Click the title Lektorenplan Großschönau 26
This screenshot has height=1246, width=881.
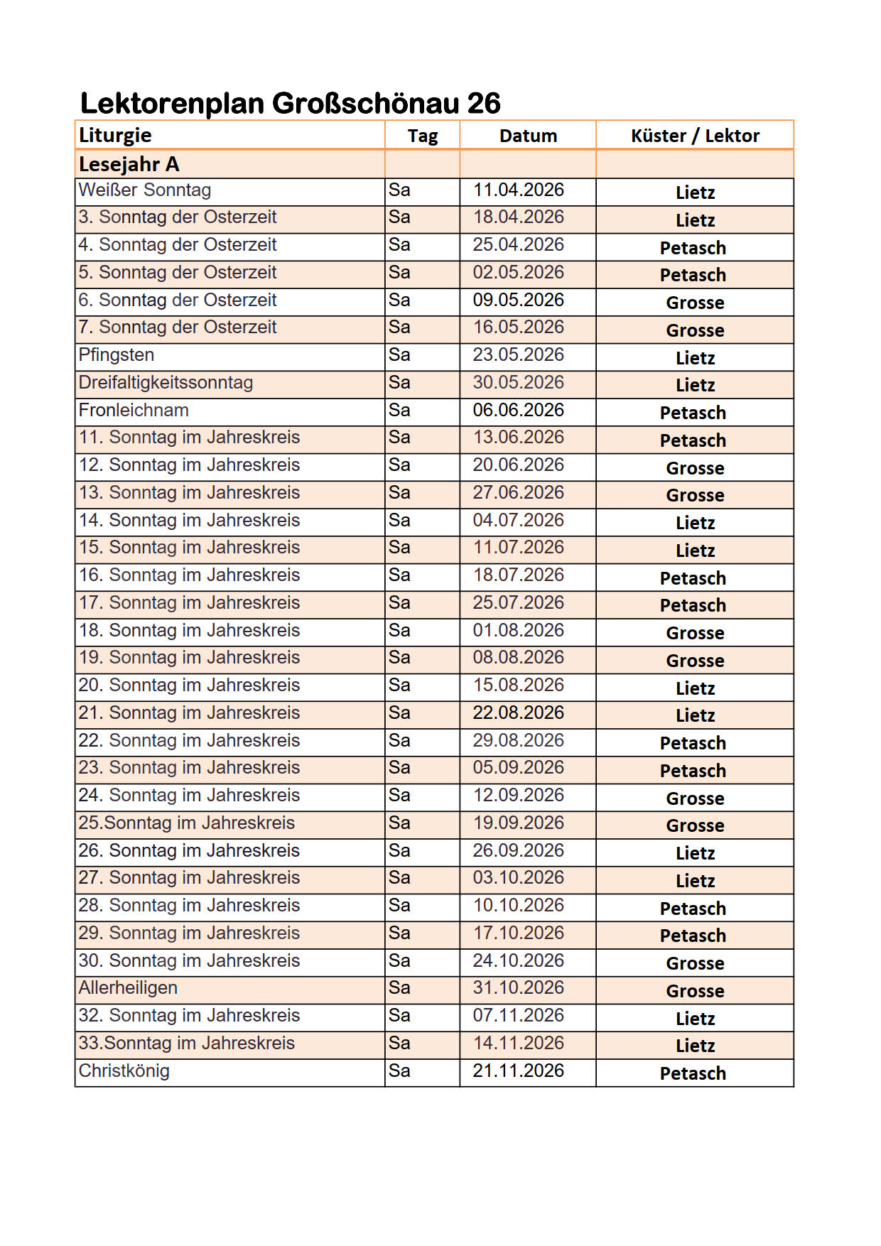290,103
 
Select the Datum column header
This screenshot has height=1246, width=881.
528,136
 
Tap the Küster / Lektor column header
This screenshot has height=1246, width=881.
695,136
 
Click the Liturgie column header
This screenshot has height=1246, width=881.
115,135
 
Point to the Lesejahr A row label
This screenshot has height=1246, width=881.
129,164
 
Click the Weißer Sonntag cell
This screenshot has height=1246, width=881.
145,190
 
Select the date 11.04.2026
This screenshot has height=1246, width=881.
518,190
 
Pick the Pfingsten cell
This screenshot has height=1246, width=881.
117,355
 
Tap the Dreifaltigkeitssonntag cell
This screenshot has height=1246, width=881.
166,383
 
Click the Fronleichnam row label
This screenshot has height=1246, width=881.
134,411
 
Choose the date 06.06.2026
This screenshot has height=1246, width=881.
518,411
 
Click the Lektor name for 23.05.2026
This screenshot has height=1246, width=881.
695,358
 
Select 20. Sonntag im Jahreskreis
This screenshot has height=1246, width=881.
189,686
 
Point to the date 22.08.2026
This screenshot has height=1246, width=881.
518,713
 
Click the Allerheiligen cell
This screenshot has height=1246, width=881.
128,988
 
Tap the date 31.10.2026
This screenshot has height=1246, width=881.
518,988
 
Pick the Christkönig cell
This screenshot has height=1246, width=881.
124,1071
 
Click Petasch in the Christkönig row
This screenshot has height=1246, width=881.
693,1073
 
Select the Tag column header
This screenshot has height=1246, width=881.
422,136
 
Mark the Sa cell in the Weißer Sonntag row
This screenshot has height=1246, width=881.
399,190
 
